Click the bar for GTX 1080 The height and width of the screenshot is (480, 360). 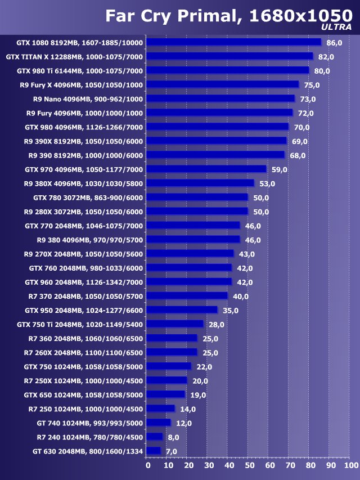(x=234, y=42)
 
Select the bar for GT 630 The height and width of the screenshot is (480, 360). (x=154, y=451)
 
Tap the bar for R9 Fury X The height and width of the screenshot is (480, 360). (x=223, y=84)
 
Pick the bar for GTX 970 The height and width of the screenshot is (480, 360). (x=206, y=169)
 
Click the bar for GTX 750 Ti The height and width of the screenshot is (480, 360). (x=175, y=324)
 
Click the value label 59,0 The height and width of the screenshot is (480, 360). (x=280, y=169)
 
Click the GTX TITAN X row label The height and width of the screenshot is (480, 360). (x=74, y=57)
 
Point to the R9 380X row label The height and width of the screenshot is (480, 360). (x=83, y=183)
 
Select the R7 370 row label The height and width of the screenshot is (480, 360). (x=85, y=296)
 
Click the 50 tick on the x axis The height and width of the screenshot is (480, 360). (x=249, y=465)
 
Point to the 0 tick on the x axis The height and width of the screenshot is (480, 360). (x=147, y=465)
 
